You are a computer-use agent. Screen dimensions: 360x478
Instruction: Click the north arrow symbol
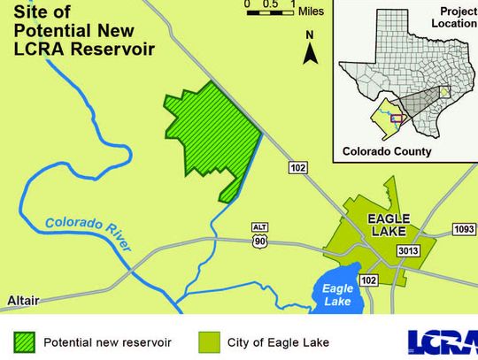pos(311,54)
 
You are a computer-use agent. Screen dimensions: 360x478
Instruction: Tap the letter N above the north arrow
pos(310,35)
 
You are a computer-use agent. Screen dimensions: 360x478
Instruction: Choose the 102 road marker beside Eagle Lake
pos(369,280)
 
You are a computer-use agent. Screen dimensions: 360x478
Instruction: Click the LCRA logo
pos(442,341)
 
